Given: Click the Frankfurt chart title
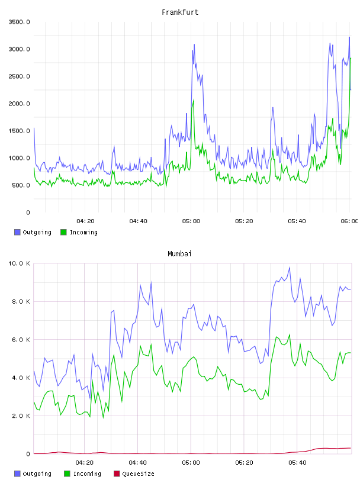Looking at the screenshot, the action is pos(180,12).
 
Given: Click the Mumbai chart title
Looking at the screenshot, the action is pos(179,254).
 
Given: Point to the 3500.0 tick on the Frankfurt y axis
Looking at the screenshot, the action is pos(19,22).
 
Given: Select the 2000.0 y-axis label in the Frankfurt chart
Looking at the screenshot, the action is pos(19,104).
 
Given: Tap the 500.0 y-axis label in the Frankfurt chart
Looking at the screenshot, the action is pos(21,185).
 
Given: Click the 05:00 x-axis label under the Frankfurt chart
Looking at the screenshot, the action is pos(191,221).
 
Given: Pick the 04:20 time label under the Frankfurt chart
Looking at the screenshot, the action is pos(85,221).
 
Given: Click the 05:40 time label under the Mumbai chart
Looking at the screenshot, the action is pos(297,463).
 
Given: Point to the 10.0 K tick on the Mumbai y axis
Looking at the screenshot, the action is pos(19,263).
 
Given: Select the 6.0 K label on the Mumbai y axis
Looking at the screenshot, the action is pos(21,340).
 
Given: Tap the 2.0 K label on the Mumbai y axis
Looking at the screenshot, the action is pos(21,416).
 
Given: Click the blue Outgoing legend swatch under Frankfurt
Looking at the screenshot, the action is pos(17,232).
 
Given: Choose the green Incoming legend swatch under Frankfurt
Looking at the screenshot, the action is pos(63,232).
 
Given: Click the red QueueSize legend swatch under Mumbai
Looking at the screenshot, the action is pos(117,474).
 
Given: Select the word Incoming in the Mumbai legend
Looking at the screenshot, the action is pos(87,474).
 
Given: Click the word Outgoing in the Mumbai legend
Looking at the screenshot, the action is pos(37,474).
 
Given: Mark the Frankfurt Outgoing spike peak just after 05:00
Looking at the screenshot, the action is pos(194,44).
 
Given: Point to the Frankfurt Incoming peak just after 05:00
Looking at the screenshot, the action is pos(194,100).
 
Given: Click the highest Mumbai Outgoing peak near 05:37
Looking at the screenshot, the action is pos(290,268).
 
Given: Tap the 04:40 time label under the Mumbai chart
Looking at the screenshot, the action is pos(138,463).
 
